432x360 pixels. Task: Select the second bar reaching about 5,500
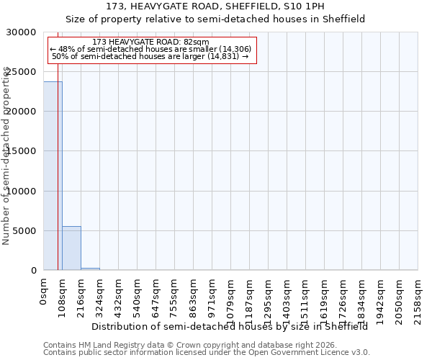click(x=71, y=248)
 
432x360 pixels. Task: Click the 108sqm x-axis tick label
click(x=62, y=294)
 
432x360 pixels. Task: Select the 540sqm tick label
click(x=137, y=294)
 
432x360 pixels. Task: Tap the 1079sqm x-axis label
click(x=230, y=297)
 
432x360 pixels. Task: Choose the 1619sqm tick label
click(x=324, y=297)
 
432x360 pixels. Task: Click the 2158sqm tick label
click(x=418, y=297)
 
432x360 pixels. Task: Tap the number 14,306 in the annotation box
click(x=235, y=49)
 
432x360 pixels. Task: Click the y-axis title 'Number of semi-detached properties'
click(x=6, y=156)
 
